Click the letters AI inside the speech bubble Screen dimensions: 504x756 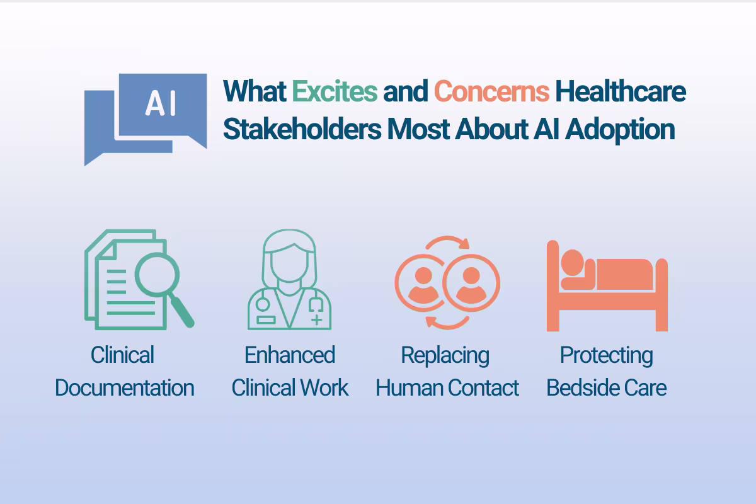(161, 104)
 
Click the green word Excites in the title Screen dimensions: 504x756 (335, 92)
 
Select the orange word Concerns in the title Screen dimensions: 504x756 (491, 92)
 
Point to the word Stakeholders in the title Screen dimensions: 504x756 (302, 130)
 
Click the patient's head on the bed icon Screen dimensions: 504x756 (572, 261)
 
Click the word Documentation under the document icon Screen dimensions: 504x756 (125, 387)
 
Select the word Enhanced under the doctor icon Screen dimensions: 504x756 (290, 355)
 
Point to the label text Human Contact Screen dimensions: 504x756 (447, 387)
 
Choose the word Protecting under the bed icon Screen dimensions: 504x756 (606, 355)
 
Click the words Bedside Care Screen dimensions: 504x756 (606, 387)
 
